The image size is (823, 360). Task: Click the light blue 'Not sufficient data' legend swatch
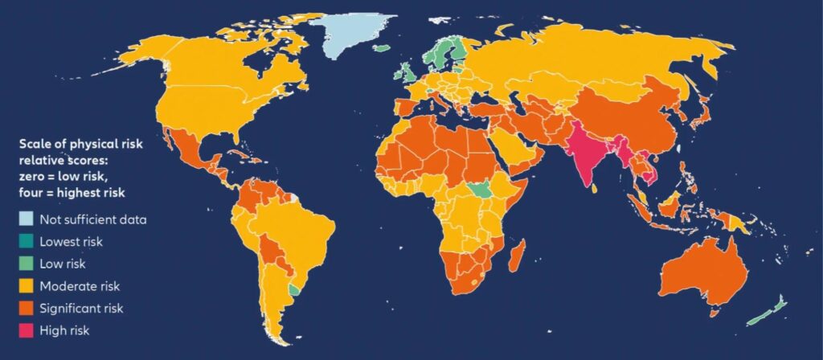[x=27, y=219]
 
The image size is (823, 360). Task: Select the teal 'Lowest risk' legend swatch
[x=27, y=240]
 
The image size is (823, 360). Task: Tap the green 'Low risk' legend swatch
[x=27, y=263]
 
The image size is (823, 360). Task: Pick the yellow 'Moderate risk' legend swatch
[x=27, y=284]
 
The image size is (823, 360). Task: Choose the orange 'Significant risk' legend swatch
[x=27, y=307]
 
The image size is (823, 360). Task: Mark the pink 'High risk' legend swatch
[x=27, y=329]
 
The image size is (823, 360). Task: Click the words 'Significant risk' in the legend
[x=84, y=307]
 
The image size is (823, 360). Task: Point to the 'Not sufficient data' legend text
[x=94, y=219]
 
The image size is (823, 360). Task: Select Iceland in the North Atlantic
[x=381, y=48]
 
